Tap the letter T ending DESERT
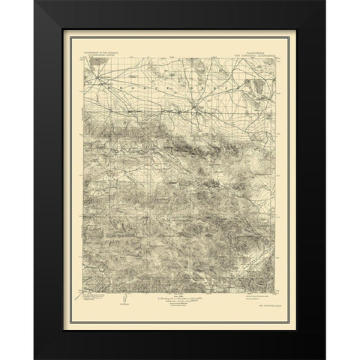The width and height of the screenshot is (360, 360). [x=226, y=91]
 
